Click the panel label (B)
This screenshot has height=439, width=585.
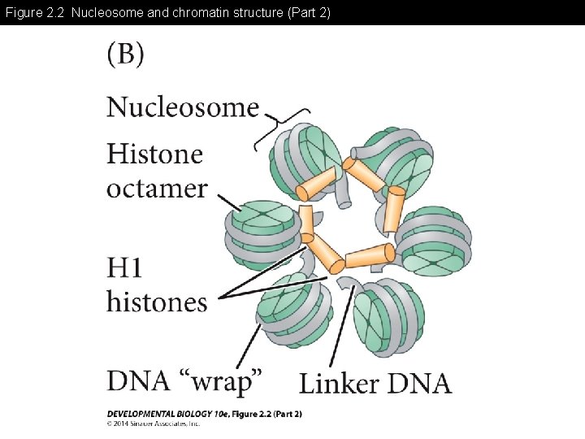coord(126,55)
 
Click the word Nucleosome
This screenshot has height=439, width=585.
coord(183,107)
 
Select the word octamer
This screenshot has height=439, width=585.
coord(157,189)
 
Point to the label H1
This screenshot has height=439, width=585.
coord(127,267)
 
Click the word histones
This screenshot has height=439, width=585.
coord(157,302)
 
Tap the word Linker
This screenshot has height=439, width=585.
coord(340,383)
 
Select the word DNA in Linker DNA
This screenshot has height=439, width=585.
coord(419,383)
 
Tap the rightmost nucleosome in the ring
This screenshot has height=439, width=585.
coord(432,241)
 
